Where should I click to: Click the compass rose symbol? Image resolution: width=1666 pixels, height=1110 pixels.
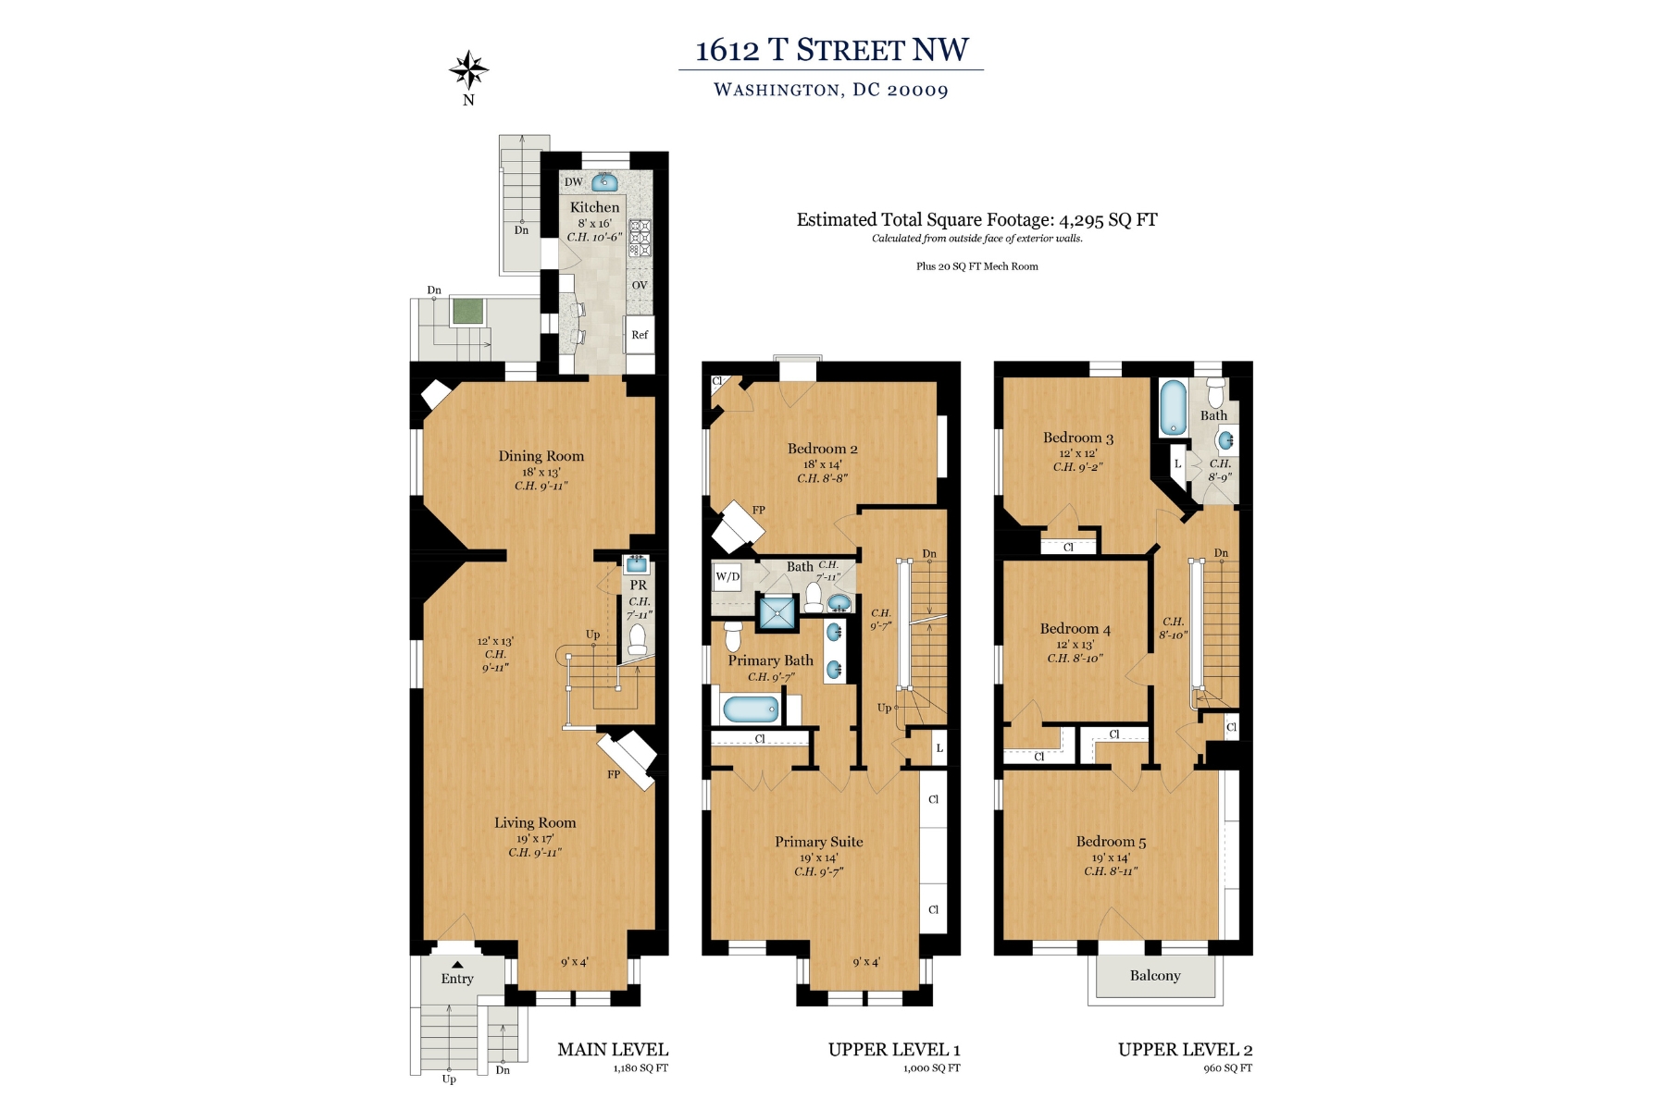pyautogui.click(x=468, y=70)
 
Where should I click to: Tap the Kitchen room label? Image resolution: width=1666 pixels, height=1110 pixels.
pyautogui.click(x=594, y=208)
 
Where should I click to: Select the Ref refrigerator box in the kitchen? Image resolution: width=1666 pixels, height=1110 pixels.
pyautogui.click(x=640, y=335)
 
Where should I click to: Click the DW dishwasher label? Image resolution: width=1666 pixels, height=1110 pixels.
pyautogui.click(x=574, y=182)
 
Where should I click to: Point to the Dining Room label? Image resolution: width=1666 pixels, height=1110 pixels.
pyautogui.click(x=541, y=456)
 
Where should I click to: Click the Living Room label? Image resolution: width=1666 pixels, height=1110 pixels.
pyautogui.click(x=534, y=822)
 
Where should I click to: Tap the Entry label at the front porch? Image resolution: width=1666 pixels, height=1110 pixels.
pyautogui.click(x=456, y=979)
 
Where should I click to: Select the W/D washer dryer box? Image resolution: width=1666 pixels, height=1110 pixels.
pyautogui.click(x=727, y=577)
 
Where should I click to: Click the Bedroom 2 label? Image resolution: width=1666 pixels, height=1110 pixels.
pyautogui.click(x=822, y=449)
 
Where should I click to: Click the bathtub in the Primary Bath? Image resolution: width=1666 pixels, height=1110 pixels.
pyautogui.click(x=751, y=710)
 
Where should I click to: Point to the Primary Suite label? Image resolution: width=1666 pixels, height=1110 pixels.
pyautogui.click(x=818, y=842)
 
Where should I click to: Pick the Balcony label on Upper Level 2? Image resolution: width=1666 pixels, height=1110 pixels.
pyautogui.click(x=1154, y=976)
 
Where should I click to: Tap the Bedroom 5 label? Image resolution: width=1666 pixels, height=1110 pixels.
pyautogui.click(x=1110, y=842)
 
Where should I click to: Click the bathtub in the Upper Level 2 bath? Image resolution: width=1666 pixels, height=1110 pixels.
pyautogui.click(x=1173, y=408)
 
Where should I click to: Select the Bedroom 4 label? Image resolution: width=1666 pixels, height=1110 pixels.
pyautogui.click(x=1075, y=629)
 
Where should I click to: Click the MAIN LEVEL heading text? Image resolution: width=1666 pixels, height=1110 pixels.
pyautogui.click(x=612, y=1050)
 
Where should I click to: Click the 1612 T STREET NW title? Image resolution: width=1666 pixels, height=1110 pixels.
pyautogui.click(x=831, y=50)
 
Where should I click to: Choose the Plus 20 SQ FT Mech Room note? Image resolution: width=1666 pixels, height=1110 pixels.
pyautogui.click(x=976, y=266)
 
